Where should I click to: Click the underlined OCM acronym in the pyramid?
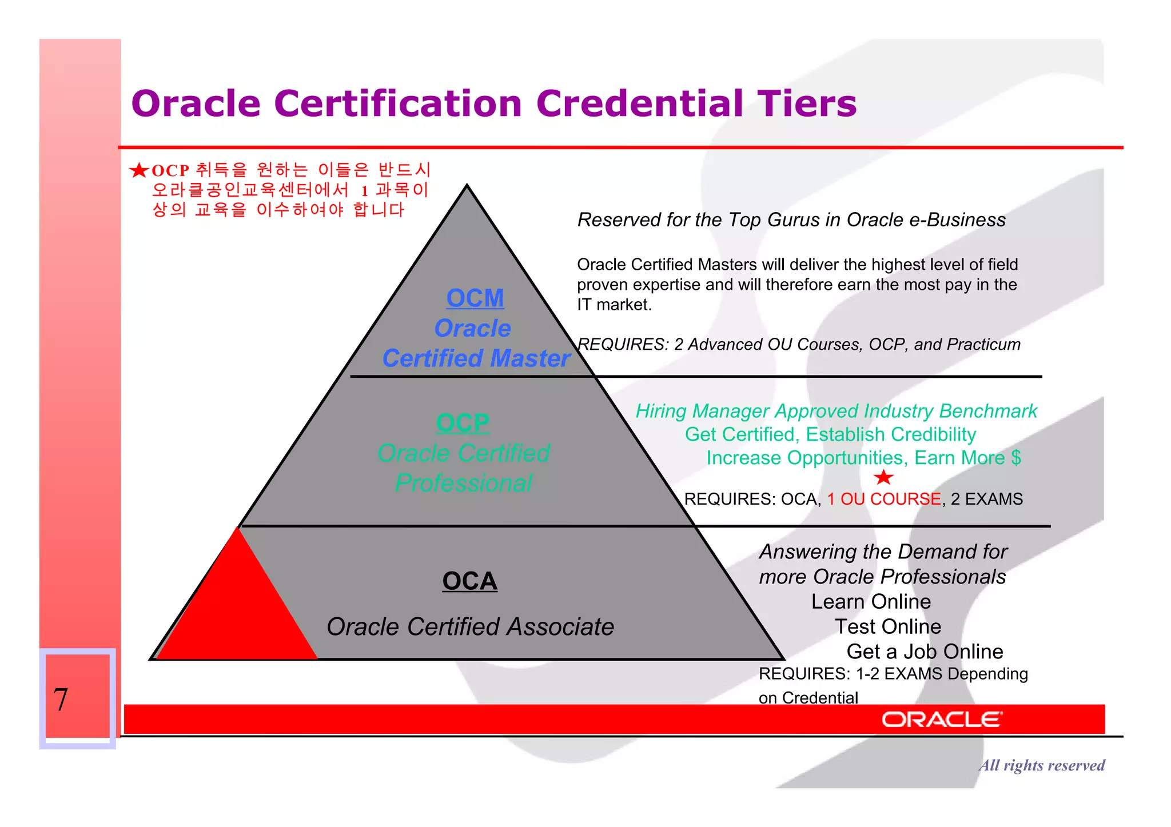[x=475, y=298]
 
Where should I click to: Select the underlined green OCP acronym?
[x=462, y=423]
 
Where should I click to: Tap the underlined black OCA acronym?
[x=469, y=581]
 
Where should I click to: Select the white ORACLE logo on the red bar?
[x=942, y=720]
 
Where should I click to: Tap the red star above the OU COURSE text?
[x=883, y=477]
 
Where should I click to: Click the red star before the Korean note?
[x=139, y=170]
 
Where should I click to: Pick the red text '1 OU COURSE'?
[x=883, y=499]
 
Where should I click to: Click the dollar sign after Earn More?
[x=1015, y=458]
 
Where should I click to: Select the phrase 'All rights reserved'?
[x=1041, y=765]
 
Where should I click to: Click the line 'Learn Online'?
[x=871, y=602]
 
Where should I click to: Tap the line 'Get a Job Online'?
[x=925, y=652]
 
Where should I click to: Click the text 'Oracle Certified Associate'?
[x=470, y=627]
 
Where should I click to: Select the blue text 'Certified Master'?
[x=476, y=359]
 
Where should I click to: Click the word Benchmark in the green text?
[x=988, y=411]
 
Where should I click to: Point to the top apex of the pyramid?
[x=467, y=186]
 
